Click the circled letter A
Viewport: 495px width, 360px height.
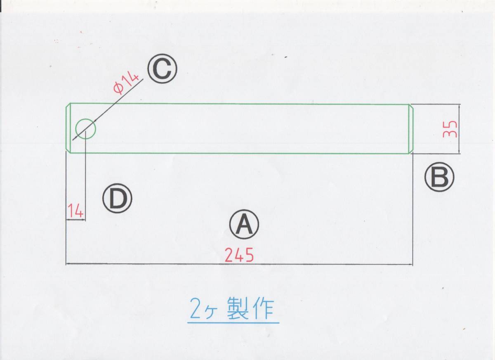click(244, 225)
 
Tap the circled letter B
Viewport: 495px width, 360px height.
click(439, 177)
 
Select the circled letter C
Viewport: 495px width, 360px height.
click(163, 69)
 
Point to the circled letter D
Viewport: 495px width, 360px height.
click(118, 199)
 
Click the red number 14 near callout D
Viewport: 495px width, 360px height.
click(75, 211)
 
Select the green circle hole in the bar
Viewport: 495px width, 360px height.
click(86, 128)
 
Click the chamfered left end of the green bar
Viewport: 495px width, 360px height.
click(68, 128)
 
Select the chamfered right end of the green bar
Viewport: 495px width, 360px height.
click(410, 129)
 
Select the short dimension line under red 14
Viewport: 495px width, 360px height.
click(75, 220)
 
